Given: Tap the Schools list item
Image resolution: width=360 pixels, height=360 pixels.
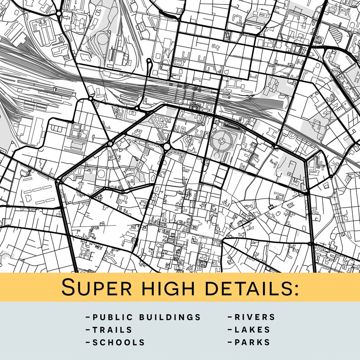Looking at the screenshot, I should [119, 342].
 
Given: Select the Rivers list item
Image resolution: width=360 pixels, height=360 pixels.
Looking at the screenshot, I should [255, 317].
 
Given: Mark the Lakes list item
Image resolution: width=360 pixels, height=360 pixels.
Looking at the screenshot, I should [253, 330].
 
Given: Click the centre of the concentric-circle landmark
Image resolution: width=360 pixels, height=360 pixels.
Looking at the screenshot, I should [222, 141].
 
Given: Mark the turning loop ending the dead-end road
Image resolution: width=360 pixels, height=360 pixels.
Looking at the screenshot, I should [148, 60].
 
